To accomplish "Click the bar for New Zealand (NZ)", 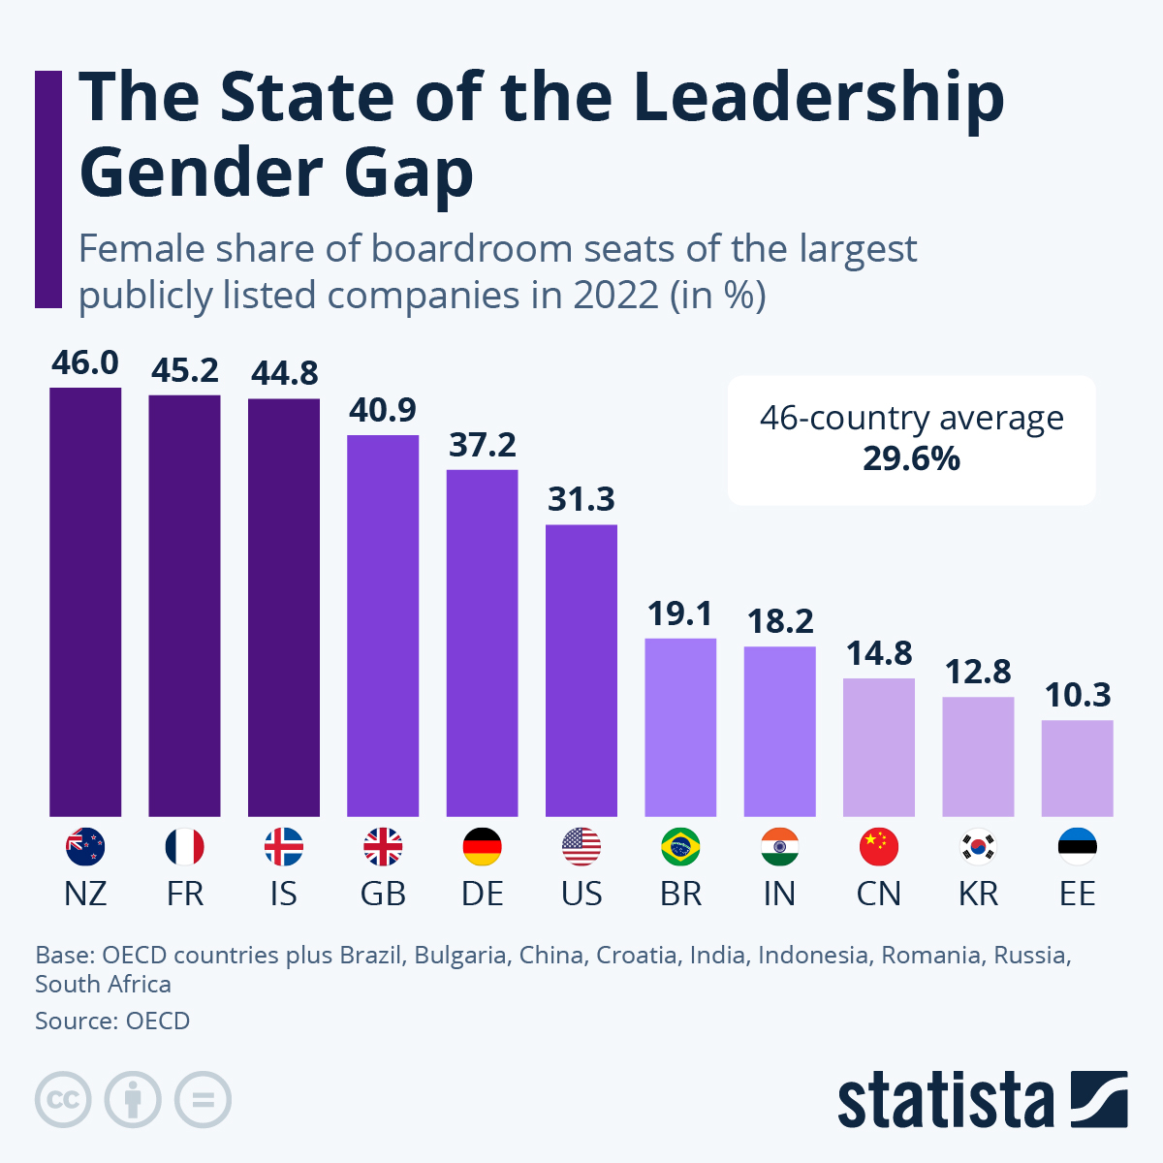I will pos(85,602).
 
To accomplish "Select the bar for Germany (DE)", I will pos(482,643).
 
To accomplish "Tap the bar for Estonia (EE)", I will pos(1077,768).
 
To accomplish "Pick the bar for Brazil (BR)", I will pos(680,727).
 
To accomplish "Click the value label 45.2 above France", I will pos(184,370).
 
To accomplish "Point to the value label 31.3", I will pos(581,499).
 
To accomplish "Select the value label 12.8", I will pos(978,672).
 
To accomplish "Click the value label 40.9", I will pos(383,410).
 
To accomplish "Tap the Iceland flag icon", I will pos(284,847).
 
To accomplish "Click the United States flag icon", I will pos(581,847).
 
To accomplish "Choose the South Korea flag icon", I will pos(978,847).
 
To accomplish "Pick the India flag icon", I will pos(779,847).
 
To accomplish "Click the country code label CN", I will pos(879,894).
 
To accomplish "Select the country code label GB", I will pos(383,894).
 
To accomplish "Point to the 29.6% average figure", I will pos(911,458).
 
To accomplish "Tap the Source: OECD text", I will pos(112,1021).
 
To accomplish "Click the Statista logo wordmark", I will pos(945,1101).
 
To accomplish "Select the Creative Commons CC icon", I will pos(63,1100).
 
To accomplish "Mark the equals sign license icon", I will pos(203,1100).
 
